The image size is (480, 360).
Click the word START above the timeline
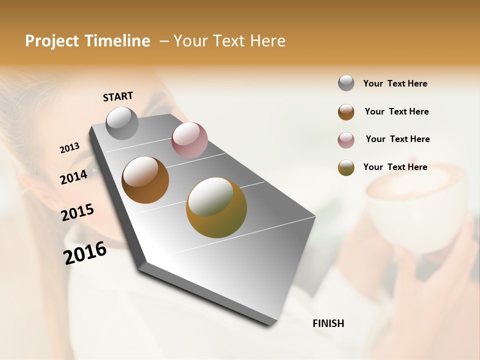(x=118, y=96)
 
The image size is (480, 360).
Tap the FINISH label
(x=328, y=323)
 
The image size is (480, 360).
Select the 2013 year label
(x=69, y=148)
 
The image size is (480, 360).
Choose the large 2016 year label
(x=85, y=252)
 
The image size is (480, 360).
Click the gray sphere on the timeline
(x=122, y=123)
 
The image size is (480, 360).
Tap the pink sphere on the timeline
(x=189, y=140)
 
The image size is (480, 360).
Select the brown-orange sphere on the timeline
(x=145, y=180)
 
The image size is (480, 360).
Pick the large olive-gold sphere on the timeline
(x=216, y=207)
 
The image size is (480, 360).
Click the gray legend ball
(x=346, y=83)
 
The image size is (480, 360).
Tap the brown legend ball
(x=346, y=112)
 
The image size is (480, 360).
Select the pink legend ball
(x=346, y=140)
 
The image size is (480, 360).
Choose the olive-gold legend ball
(x=346, y=167)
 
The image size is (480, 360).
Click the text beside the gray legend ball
(x=395, y=84)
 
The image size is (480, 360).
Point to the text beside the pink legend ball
(x=397, y=139)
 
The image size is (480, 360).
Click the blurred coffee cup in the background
(x=410, y=210)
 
